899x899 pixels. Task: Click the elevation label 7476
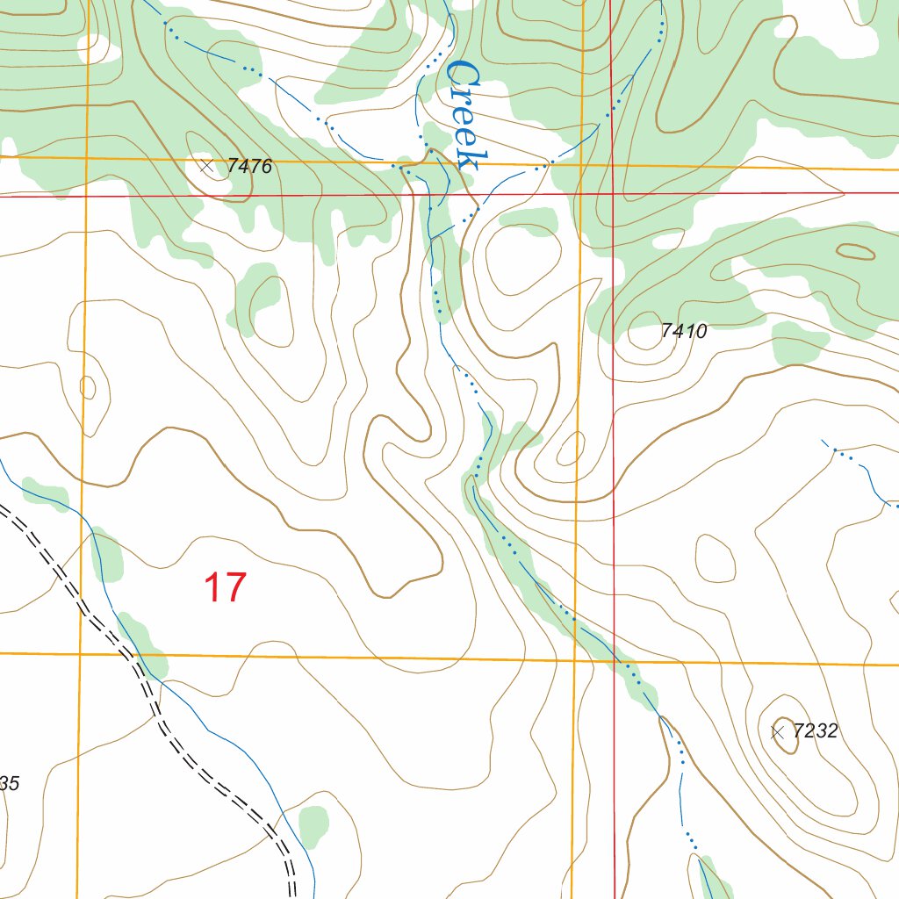coord(249,166)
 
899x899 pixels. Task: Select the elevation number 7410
coord(684,331)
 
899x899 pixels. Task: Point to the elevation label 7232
coord(815,731)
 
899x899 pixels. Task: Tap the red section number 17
coord(225,587)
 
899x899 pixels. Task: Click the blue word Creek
coord(464,114)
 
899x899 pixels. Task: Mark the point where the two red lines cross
coord(612,193)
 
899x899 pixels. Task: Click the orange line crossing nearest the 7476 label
coord(87,158)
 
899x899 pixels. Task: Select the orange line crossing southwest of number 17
coord(80,653)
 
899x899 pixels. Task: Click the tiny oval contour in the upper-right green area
coord(855,252)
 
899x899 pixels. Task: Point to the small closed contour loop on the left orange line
coord(87,386)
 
